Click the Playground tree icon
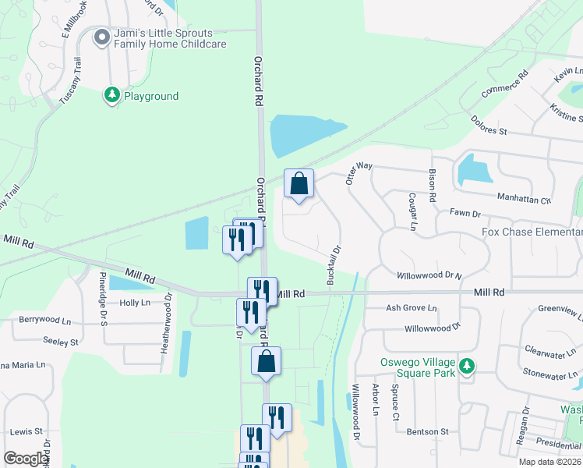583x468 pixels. tap(112, 95)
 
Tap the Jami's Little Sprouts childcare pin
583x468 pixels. tap(101, 37)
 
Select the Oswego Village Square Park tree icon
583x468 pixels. tap(466, 365)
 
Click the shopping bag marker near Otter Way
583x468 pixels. tap(299, 184)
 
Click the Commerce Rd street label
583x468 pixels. tap(505, 84)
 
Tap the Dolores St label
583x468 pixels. tap(489, 125)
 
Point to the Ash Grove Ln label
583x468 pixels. tap(412, 308)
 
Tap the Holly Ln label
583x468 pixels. tap(134, 303)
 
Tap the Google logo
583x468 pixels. tap(26, 459)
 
